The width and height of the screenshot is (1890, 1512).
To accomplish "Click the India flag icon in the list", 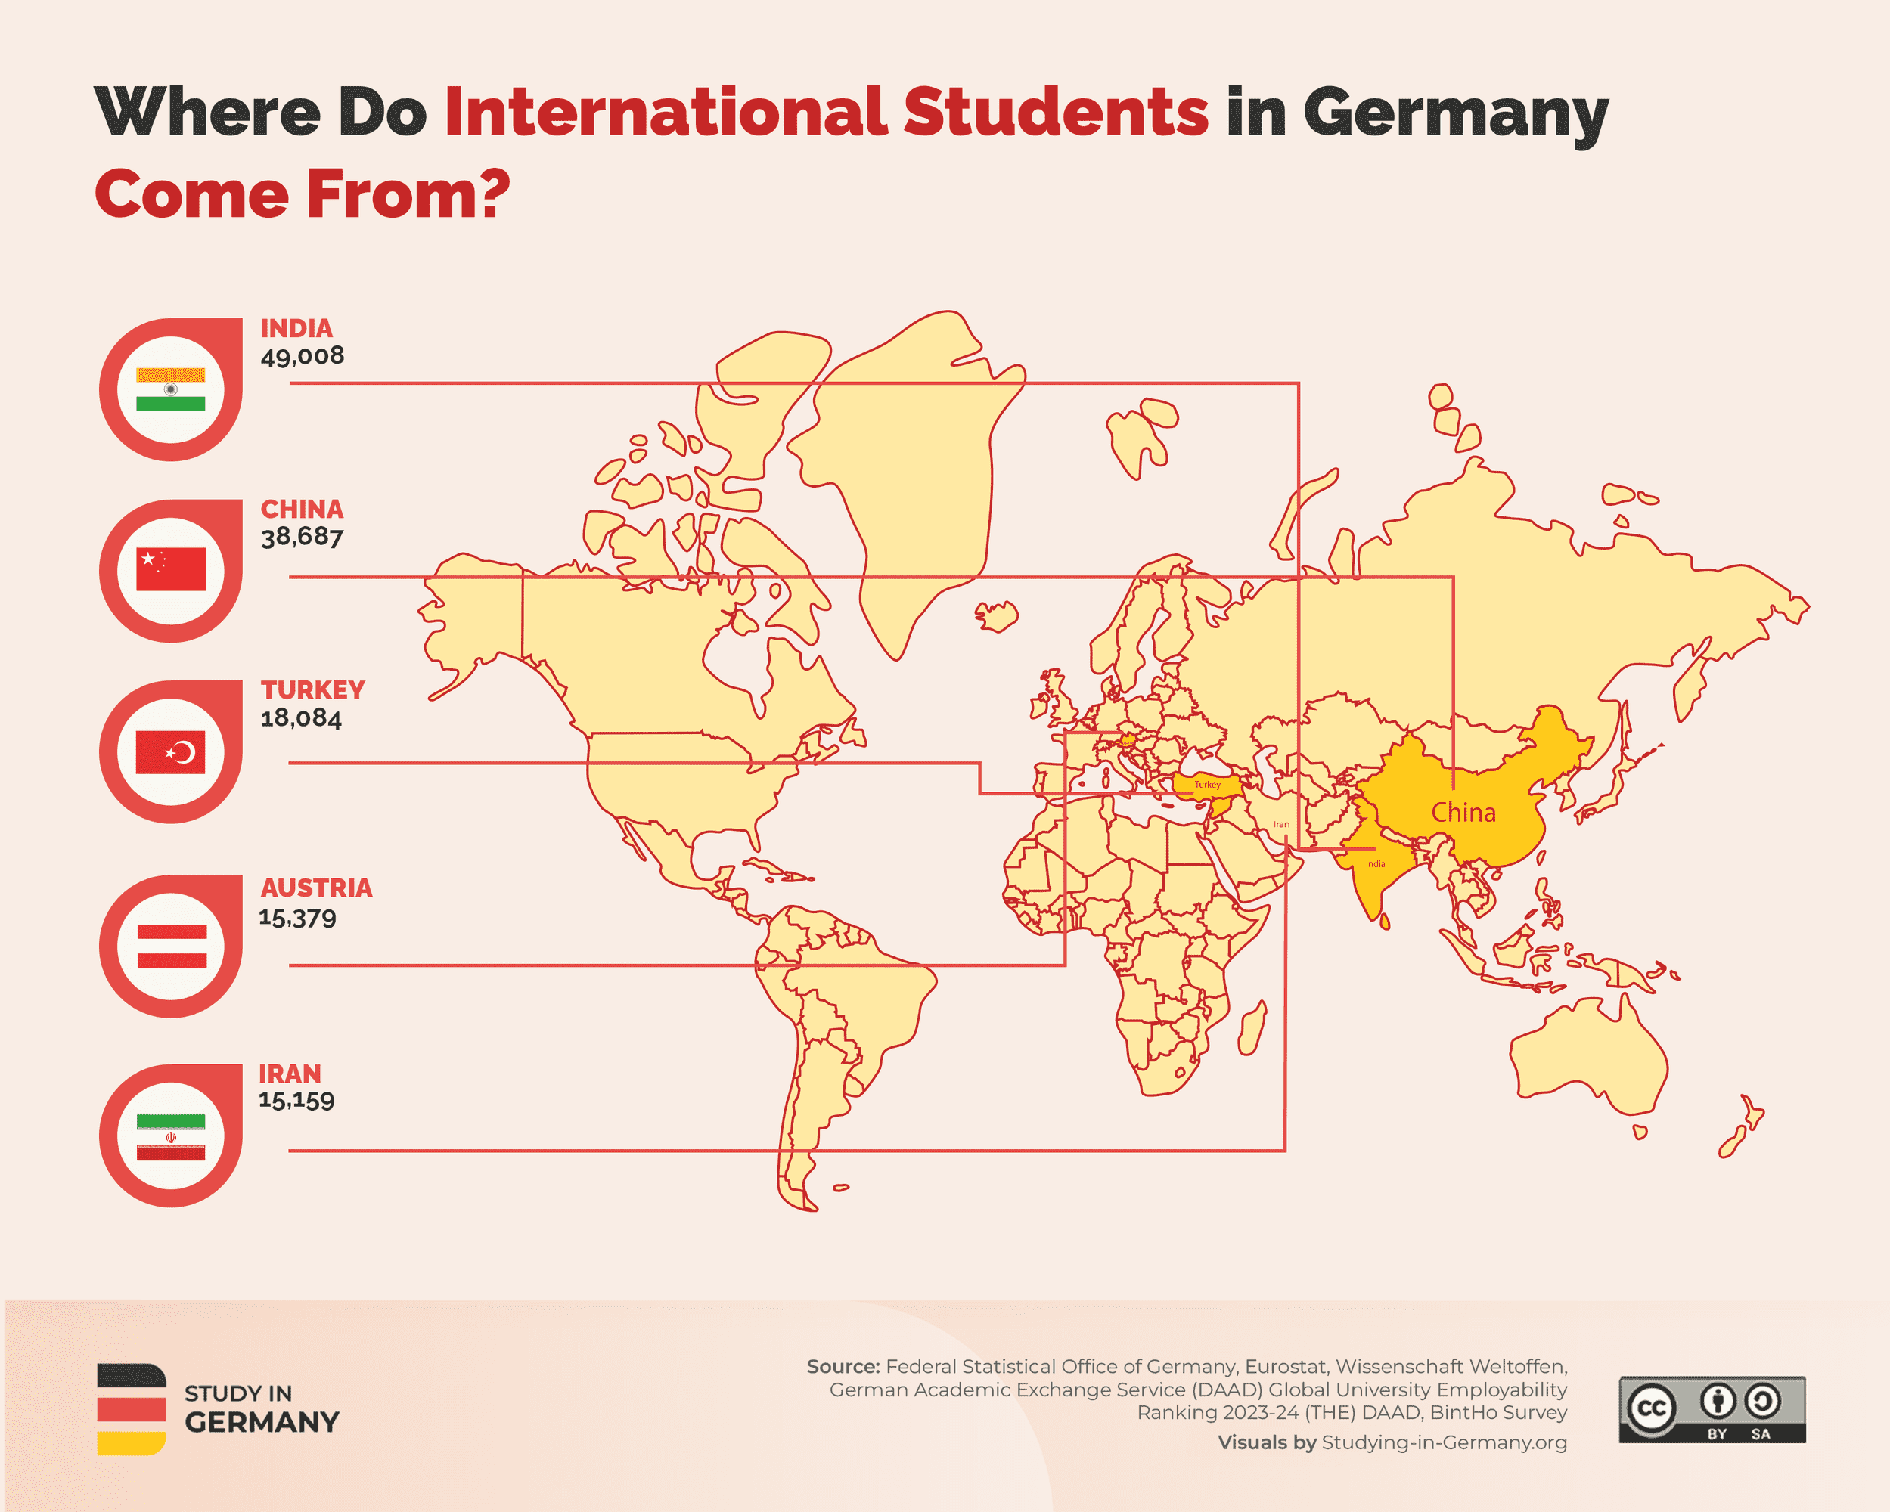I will coord(170,389).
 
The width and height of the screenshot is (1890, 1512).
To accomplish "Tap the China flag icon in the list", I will coord(170,570).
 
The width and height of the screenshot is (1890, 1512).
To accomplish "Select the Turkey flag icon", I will coord(170,752).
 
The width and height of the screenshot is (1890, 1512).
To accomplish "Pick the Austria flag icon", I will coord(171,946).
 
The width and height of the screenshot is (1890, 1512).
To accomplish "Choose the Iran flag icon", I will coord(170,1136).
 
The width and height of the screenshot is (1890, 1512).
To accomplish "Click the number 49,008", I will coord(303,356).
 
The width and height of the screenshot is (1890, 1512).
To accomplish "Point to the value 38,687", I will coord(303,537).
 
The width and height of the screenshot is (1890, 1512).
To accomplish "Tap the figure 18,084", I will coord(301,718).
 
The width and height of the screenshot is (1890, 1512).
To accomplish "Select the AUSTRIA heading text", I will coord(316,888).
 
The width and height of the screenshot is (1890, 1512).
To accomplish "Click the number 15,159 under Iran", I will coord(296,1100).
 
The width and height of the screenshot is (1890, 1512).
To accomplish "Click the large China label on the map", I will coord(1463,813).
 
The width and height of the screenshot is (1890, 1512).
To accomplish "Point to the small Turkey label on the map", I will coord(1207,785).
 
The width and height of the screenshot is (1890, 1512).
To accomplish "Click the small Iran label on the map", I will coord(1280,824).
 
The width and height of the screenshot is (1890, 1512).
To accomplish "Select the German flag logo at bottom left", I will coord(132,1409).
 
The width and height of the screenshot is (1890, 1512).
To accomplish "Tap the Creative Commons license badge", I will coord(1712,1408).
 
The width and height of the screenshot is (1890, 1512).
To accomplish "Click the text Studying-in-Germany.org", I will coord(1444,1442).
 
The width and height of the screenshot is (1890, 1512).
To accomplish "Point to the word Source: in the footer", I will coord(843,1367).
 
